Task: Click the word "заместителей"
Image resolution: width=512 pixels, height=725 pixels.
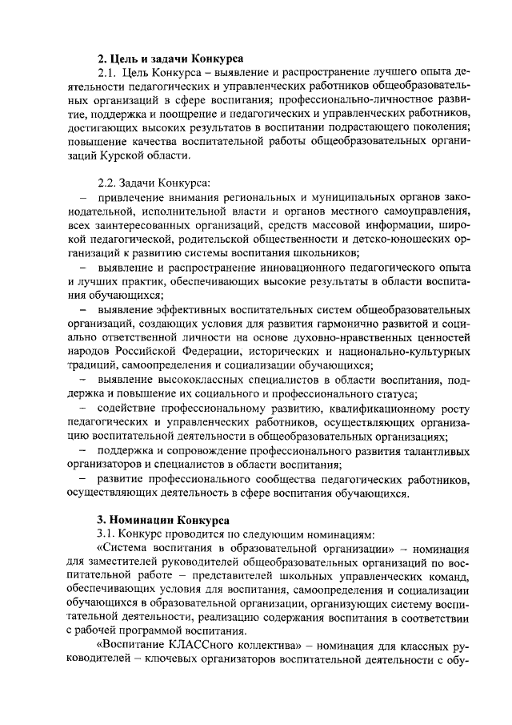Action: click(x=120, y=565)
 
